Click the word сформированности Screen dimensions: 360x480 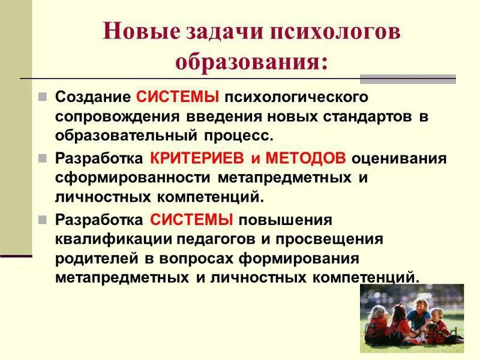click(133, 178)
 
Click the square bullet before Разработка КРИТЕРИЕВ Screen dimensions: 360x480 click(43, 159)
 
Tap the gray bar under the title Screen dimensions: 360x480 click(407, 79)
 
